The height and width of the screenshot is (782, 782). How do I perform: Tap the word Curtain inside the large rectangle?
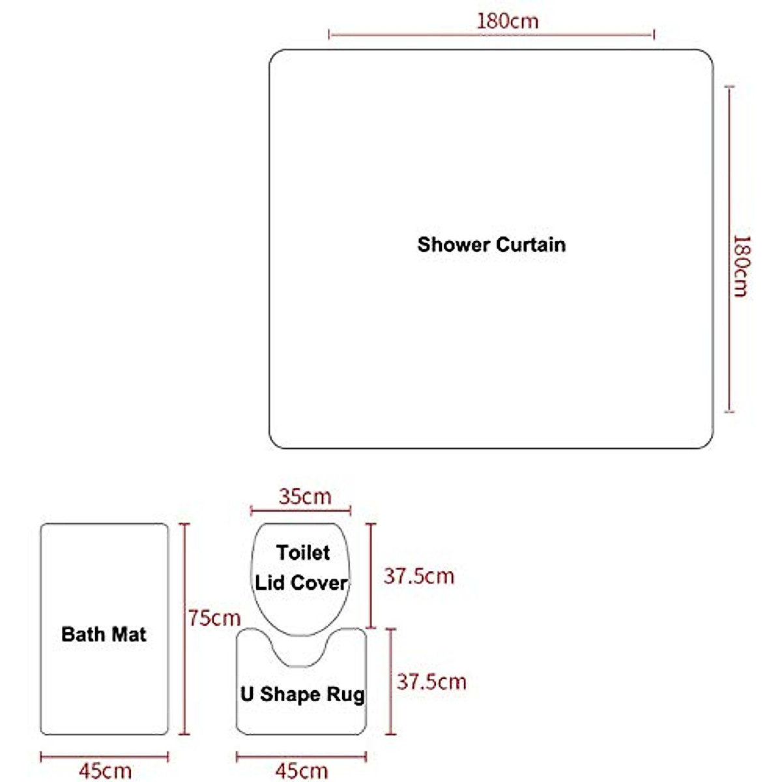[x=530, y=245]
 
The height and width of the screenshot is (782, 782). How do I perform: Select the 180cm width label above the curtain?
[x=507, y=21]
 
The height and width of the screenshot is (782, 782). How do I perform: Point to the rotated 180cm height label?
[x=741, y=267]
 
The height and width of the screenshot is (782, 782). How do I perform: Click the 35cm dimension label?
[x=305, y=497]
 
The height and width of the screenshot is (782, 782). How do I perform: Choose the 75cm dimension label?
[x=214, y=618]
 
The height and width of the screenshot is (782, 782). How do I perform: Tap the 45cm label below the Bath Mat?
[x=105, y=771]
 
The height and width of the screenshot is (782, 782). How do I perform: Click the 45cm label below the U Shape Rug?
[x=302, y=771]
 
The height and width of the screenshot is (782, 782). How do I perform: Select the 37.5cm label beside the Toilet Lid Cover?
[x=419, y=576]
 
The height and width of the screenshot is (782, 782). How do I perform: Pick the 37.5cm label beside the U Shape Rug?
[x=431, y=682]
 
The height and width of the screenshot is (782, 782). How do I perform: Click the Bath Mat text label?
[x=104, y=634]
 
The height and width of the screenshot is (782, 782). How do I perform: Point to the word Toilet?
[x=303, y=553]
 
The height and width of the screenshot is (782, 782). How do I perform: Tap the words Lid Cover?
[x=300, y=583]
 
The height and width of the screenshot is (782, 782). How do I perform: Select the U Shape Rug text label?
[x=302, y=694]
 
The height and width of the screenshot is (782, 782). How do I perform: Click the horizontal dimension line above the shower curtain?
[x=491, y=35]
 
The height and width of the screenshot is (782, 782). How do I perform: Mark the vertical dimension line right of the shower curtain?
[x=729, y=249]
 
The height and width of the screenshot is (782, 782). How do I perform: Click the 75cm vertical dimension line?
[x=184, y=629]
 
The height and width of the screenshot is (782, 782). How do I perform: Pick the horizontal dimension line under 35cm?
[x=300, y=510]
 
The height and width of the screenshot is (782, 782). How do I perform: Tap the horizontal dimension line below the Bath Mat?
[x=104, y=757]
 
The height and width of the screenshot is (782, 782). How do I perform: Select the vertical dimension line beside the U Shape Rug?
[x=390, y=682]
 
